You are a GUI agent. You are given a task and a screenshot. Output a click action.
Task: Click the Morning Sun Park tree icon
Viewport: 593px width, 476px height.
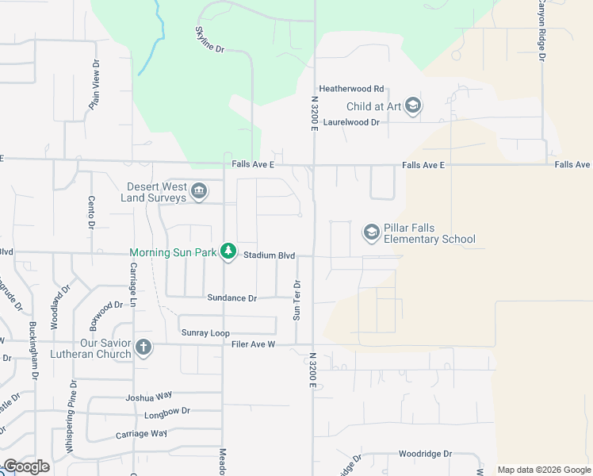click(228, 252)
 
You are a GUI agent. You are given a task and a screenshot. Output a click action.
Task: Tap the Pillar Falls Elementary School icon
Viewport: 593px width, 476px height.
click(371, 232)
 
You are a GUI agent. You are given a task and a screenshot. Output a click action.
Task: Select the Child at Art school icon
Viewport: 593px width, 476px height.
click(412, 106)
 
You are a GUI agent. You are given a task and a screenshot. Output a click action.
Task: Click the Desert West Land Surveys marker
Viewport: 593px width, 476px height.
click(199, 190)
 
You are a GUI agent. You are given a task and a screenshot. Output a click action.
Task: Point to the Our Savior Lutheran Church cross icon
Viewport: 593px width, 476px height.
click(143, 347)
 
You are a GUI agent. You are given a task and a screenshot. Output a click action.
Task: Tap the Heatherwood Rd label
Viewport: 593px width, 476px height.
click(351, 89)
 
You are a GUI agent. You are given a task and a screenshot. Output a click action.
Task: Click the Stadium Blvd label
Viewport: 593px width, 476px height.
click(270, 255)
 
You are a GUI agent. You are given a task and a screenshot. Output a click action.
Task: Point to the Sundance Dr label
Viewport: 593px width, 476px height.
click(232, 298)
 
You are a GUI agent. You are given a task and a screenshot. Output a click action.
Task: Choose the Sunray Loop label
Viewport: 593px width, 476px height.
click(205, 332)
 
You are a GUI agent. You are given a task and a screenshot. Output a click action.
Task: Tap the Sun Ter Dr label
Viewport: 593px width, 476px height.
click(297, 300)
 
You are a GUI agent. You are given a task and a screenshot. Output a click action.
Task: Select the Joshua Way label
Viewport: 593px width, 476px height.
click(148, 396)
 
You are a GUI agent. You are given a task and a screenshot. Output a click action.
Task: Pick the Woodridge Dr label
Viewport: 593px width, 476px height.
click(425, 454)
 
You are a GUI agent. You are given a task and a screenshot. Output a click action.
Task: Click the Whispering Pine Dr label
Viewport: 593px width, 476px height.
click(71, 417)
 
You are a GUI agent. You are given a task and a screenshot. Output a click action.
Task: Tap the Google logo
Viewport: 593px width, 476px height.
click(27, 466)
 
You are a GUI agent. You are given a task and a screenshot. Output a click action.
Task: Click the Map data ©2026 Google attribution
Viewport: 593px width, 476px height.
click(544, 470)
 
